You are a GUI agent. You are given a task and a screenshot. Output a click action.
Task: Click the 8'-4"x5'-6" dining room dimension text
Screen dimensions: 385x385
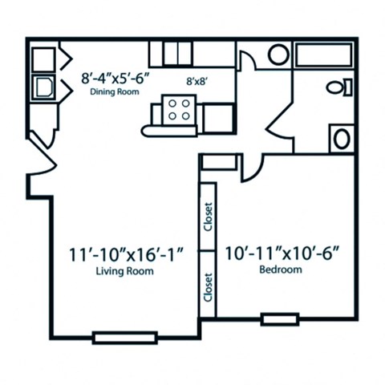(116, 79)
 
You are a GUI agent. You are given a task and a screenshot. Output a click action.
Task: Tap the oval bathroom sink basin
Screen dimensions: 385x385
(342, 139)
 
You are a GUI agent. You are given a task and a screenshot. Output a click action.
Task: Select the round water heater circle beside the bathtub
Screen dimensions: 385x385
(278, 55)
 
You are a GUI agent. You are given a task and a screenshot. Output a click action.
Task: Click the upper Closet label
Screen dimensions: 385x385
(208, 217)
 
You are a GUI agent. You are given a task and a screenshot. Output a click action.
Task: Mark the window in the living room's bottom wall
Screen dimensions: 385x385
(124, 338)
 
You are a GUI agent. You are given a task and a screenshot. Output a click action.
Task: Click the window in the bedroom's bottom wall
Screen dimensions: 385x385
(279, 318)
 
